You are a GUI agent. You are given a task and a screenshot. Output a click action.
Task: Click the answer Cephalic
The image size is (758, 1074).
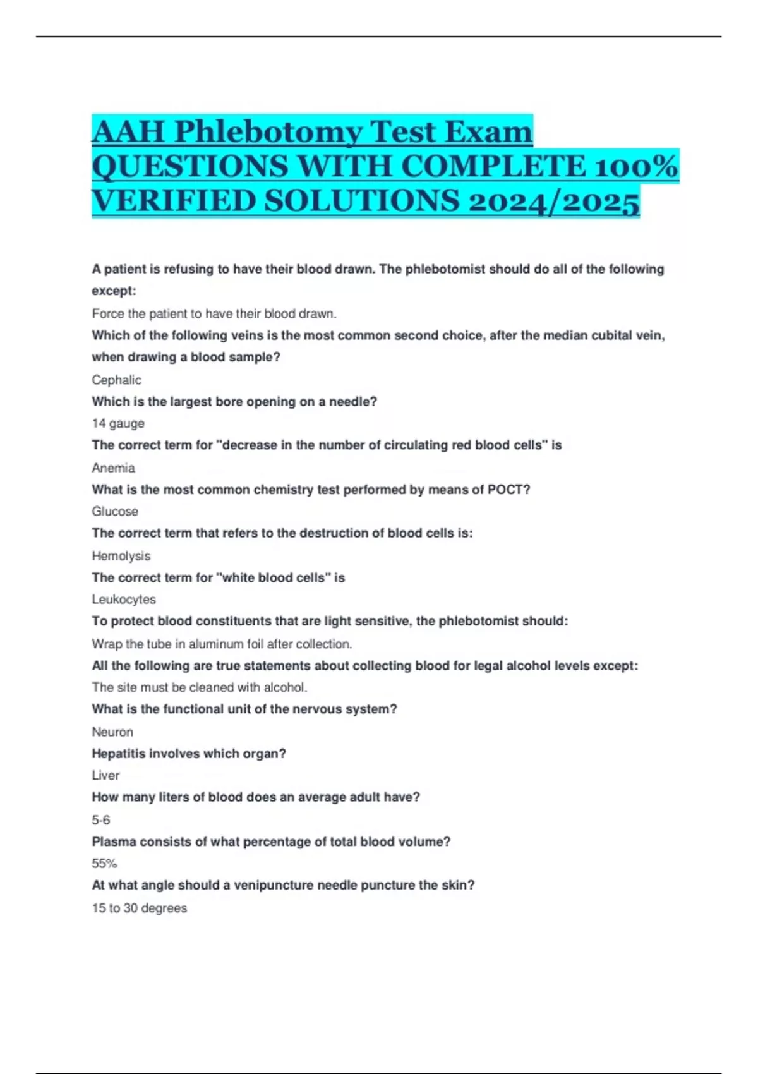pos(116,380)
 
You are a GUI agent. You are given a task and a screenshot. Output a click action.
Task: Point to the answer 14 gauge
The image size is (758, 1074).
pos(118,423)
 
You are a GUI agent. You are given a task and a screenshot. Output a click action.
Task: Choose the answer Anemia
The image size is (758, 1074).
pos(113,468)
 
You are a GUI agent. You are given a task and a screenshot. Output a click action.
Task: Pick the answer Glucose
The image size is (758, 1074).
pos(114,511)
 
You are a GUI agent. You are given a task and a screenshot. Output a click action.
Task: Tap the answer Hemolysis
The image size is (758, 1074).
pos(121,556)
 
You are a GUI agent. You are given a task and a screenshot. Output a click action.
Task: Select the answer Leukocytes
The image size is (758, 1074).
pos(124,600)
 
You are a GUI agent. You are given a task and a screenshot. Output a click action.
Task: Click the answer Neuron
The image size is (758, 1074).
pos(112,732)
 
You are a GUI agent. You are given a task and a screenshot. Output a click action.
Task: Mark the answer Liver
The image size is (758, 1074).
pos(105,775)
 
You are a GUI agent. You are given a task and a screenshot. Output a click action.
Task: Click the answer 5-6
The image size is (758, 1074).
pos(101,820)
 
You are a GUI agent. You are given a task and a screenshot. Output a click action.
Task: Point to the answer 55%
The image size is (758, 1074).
pos(104,864)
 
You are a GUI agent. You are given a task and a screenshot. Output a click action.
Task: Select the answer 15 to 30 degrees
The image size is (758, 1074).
pos(139,908)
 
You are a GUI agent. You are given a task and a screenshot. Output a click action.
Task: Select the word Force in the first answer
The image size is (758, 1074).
pos(108,313)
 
